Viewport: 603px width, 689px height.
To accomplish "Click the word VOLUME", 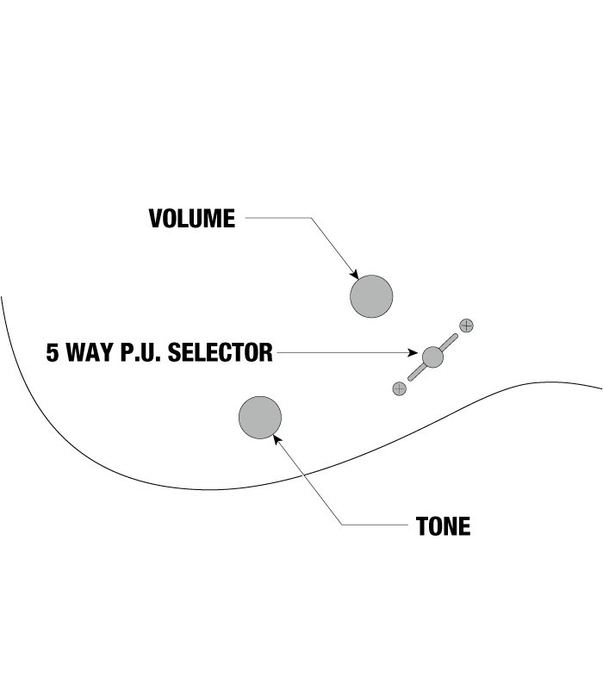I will (x=191, y=219).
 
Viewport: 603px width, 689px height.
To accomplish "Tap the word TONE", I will (x=443, y=526).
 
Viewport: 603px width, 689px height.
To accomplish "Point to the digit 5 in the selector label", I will (x=53, y=353).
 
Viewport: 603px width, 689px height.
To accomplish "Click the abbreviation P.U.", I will (x=142, y=353).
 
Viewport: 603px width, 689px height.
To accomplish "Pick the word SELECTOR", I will (x=221, y=353).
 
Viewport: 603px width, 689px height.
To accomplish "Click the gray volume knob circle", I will (x=371, y=296).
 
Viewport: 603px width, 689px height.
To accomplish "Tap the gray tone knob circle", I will (x=260, y=418).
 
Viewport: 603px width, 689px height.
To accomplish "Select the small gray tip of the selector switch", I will (x=432, y=356).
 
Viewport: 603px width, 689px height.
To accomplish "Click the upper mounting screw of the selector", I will (x=467, y=326).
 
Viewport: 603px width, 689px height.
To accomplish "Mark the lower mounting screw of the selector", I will (x=399, y=388).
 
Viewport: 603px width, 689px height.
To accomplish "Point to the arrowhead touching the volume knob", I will (x=353, y=273).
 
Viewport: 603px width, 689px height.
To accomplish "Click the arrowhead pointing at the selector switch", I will (x=413, y=353).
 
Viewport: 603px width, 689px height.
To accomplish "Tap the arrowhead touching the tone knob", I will (x=277, y=439).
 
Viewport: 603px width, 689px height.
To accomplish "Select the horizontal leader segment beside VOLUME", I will (x=276, y=219).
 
